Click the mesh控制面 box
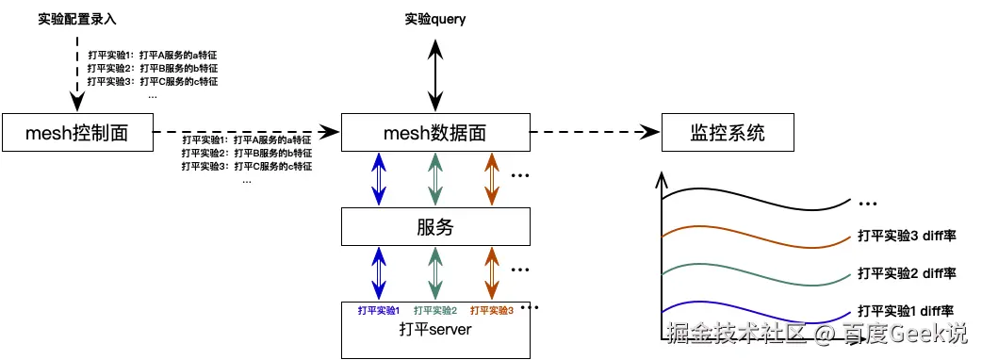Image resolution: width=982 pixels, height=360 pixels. pyautogui.click(x=78, y=133)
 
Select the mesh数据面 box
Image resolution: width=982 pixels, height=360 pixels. pyautogui.click(x=434, y=133)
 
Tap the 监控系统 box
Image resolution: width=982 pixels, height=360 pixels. pyautogui.click(x=727, y=133)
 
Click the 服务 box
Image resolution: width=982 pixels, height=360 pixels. pyautogui.click(x=434, y=227)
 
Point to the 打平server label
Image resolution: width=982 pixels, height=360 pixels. pyautogui.click(x=434, y=330)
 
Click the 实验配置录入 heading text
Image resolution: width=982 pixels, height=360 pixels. pyautogui.click(x=77, y=19)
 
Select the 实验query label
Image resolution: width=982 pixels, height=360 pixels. pyautogui.click(x=434, y=19)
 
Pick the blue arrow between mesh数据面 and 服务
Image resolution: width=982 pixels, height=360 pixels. pyautogui.click(x=379, y=179)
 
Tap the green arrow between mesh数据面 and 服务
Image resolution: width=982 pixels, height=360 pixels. pyautogui.click(x=434, y=179)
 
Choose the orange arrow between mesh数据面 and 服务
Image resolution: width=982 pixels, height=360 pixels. pyautogui.click(x=490, y=179)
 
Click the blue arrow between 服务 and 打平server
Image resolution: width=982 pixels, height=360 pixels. pyautogui.click(x=379, y=273)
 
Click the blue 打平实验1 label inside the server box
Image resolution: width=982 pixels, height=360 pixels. pyautogui.click(x=379, y=310)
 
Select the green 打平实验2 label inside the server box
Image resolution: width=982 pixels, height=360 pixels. pyautogui.click(x=434, y=310)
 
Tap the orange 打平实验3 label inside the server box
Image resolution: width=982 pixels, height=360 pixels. pyautogui.click(x=491, y=310)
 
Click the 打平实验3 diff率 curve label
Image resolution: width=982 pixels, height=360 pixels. pyautogui.click(x=907, y=236)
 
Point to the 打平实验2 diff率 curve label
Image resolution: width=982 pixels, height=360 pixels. pyautogui.click(x=907, y=272)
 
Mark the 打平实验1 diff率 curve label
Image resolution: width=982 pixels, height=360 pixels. pyautogui.click(x=907, y=309)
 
